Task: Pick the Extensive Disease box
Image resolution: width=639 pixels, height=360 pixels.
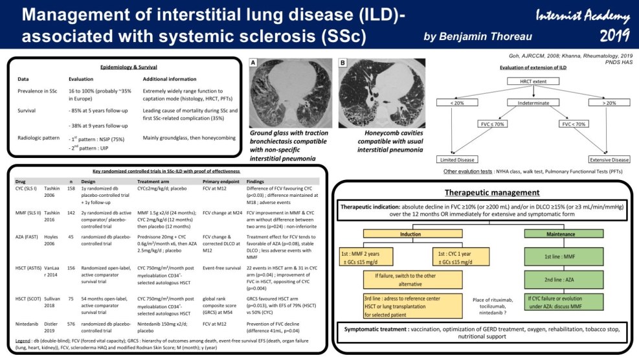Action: click(x=609, y=159)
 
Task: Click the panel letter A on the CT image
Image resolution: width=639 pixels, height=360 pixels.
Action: click(x=254, y=63)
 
